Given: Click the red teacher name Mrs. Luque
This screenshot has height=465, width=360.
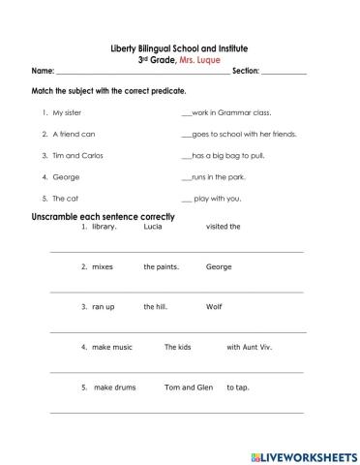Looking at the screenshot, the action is click(208, 60).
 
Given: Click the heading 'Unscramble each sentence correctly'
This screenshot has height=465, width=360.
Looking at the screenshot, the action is click(104, 217).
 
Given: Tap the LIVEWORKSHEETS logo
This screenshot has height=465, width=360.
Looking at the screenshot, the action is click(303, 454).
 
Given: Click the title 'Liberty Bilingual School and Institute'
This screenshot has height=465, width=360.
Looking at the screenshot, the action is click(180, 48).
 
